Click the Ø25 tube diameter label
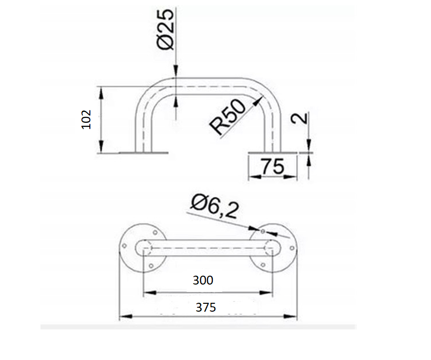click(165, 29)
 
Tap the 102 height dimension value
click(86, 119)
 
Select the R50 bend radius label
click(227, 117)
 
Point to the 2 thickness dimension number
click(299, 118)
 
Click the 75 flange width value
click(273, 166)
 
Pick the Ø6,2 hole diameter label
click(215, 206)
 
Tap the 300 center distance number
click(203, 281)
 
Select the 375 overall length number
click(205, 308)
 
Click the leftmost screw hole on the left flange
click(124, 246)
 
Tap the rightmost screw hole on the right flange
click(292, 248)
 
